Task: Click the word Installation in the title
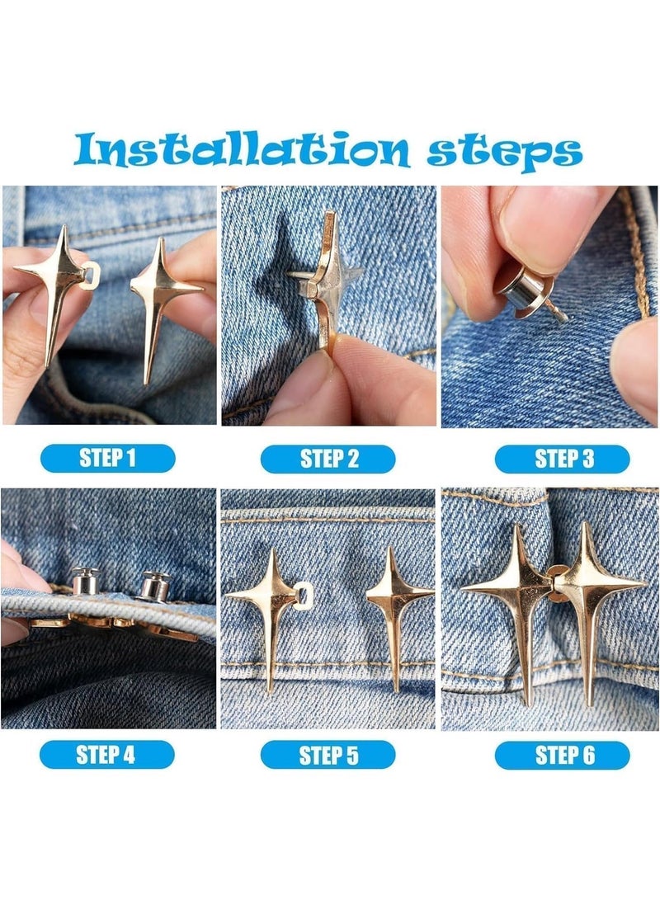point(242,149)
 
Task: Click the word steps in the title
point(505,152)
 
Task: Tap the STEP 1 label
point(107,458)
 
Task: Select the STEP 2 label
point(328,459)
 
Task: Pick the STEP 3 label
point(563,459)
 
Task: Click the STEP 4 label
point(106,754)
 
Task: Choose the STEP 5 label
point(328,755)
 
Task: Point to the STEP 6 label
point(563,755)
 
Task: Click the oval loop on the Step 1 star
point(90,275)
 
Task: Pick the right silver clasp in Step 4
point(153,586)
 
